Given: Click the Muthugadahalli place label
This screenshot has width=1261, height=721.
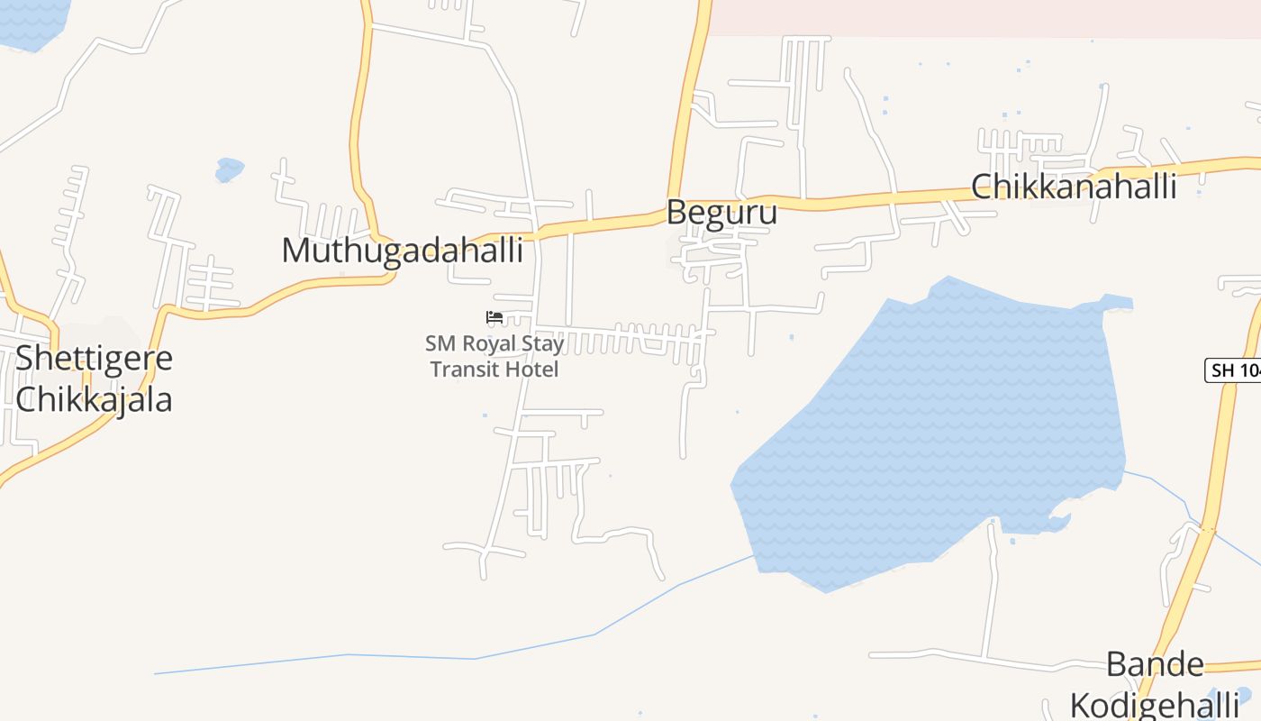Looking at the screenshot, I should pos(402,250).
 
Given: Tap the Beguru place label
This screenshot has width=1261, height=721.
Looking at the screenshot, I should pos(721,213).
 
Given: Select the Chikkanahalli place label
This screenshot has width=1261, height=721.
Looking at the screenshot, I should pos(1074,187).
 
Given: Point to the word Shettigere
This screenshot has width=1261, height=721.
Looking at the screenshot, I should pos(94,358).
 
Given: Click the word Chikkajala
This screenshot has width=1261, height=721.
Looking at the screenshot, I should pos(94,398).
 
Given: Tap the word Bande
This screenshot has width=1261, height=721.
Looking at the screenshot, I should pos(1154,664).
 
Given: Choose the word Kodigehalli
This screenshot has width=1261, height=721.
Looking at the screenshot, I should pos(1154,704).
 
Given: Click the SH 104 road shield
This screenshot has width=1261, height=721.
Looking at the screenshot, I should pos(1232,370).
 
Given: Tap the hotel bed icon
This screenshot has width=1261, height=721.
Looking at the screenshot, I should pos(494,317).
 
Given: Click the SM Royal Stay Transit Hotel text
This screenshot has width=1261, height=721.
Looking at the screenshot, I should pos(494,356).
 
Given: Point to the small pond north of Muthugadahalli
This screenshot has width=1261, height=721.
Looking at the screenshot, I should pos(229,169).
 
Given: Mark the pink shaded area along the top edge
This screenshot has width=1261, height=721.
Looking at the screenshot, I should pos(982,16).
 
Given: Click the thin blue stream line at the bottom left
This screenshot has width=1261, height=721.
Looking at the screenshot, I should pos(360,656).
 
